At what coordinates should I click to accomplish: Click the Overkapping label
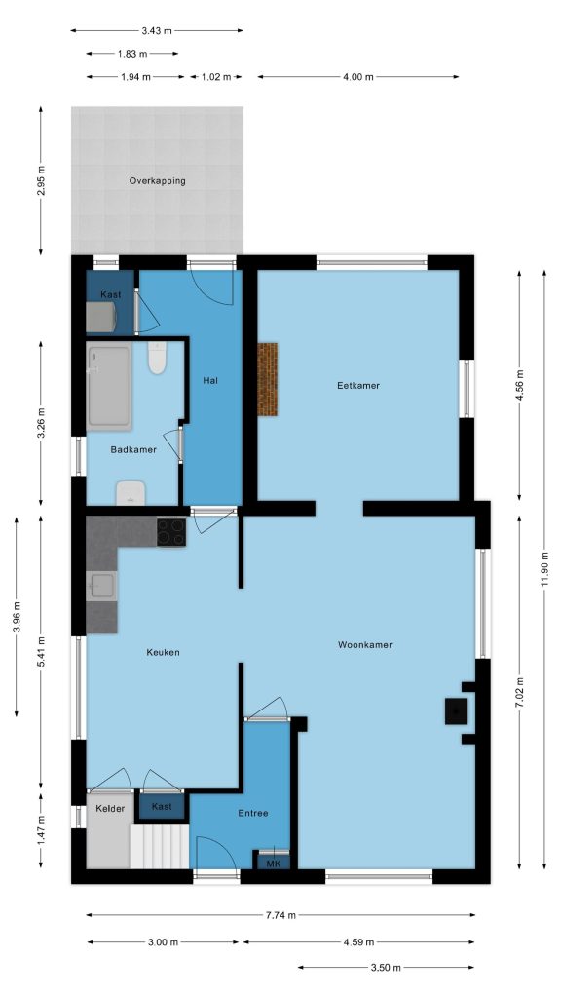(157, 180)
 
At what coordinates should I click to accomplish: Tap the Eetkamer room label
(358, 385)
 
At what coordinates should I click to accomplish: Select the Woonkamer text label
(364, 645)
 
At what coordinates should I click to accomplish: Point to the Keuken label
(163, 652)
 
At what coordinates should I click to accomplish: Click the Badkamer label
(133, 449)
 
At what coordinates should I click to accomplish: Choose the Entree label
(253, 813)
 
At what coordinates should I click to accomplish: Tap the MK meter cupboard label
(274, 864)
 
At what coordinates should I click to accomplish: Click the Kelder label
(111, 808)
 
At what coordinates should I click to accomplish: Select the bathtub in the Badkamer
(109, 387)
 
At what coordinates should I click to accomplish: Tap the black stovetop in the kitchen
(171, 532)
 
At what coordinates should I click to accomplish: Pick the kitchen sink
(101, 586)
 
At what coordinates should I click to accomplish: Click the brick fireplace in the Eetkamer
(267, 379)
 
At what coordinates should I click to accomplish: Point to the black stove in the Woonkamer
(456, 710)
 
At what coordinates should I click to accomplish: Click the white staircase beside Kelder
(160, 846)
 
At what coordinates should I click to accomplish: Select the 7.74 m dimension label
(280, 915)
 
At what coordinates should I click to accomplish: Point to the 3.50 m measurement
(386, 968)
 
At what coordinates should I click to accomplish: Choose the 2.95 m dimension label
(41, 180)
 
